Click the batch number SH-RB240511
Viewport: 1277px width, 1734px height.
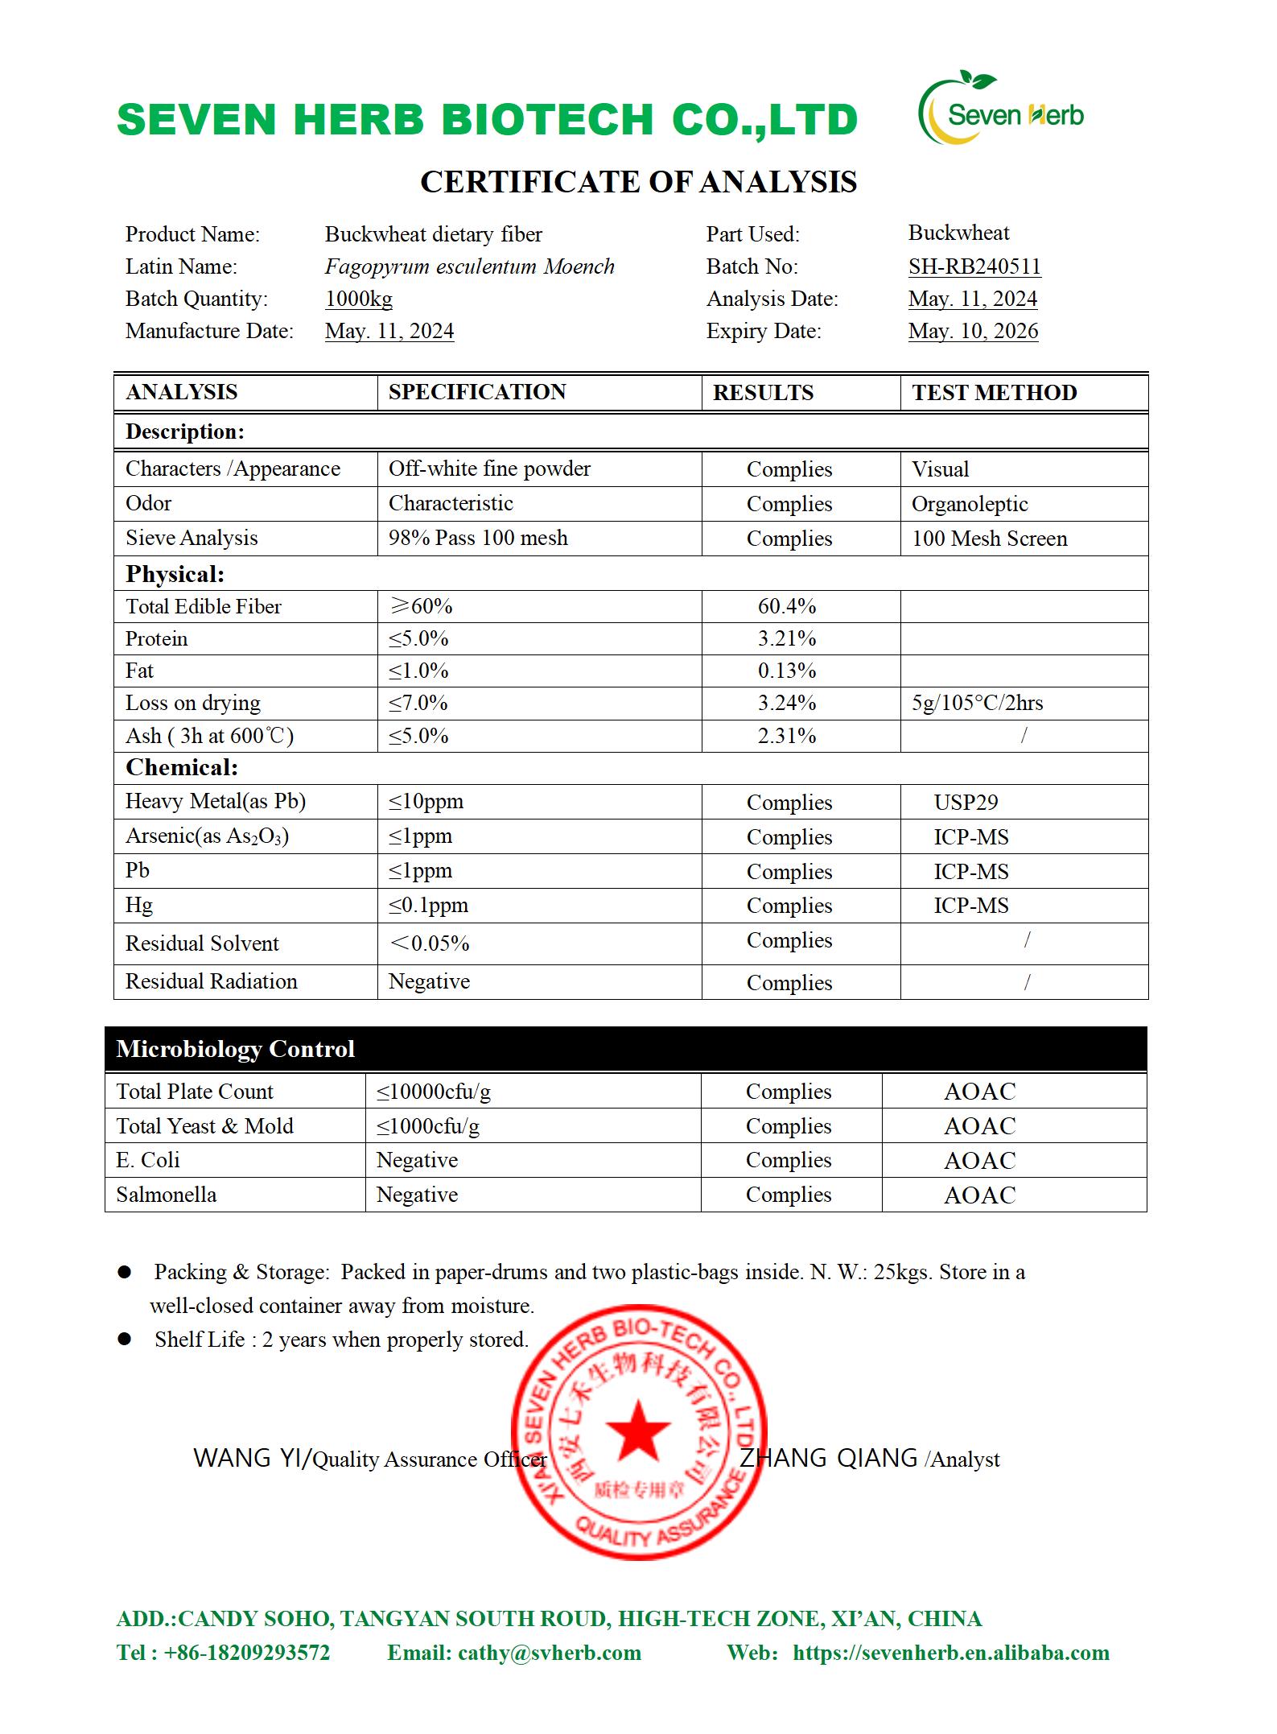click(974, 266)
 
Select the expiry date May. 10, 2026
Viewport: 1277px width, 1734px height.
click(973, 331)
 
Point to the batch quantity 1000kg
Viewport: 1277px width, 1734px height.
click(359, 299)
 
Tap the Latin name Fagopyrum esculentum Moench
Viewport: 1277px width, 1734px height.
click(469, 266)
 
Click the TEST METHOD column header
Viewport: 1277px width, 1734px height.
click(994, 393)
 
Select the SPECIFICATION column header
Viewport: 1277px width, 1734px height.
click(477, 392)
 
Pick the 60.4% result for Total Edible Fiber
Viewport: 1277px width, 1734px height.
click(787, 606)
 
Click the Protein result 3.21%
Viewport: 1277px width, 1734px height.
click(787, 638)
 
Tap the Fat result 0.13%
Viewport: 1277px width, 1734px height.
click(787, 671)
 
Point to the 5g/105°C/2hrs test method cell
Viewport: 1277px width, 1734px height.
click(977, 703)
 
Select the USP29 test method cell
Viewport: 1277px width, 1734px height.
click(966, 802)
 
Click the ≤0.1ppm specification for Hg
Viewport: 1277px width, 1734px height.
click(428, 905)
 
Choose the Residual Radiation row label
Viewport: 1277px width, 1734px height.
click(212, 981)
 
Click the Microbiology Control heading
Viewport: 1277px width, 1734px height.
click(235, 1049)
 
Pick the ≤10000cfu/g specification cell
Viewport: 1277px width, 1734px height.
click(434, 1092)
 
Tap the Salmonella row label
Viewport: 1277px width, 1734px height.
click(167, 1195)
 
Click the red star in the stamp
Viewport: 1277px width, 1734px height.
click(637, 1431)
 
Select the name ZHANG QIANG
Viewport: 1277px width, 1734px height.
click(828, 1458)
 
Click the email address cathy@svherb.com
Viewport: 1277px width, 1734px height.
click(549, 1653)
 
